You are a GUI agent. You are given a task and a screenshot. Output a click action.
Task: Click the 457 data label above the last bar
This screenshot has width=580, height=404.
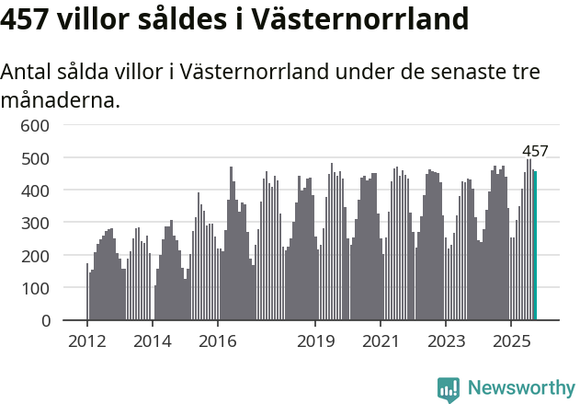[x=535, y=151]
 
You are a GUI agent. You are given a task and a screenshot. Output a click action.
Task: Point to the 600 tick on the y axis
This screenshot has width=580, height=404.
[x=35, y=125]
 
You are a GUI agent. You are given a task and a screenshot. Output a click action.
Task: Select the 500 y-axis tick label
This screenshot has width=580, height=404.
[x=35, y=158]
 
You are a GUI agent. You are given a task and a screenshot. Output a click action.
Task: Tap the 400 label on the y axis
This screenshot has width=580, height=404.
[x=35, y=190]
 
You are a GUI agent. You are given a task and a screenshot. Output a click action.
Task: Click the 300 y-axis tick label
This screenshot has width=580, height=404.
[x=35, y=223]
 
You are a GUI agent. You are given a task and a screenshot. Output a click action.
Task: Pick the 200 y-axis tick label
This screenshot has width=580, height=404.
[x=35, y=256]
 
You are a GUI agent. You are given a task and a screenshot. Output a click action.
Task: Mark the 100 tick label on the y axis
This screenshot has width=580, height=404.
[x=35, y=288]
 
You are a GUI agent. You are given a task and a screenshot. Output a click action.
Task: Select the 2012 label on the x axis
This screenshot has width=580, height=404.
[x=87, y=342]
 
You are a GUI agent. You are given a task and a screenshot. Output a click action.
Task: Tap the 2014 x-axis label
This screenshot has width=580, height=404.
[x=153, y=342]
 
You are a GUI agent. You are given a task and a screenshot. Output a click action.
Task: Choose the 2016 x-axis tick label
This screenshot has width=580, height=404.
[x=217, y=342]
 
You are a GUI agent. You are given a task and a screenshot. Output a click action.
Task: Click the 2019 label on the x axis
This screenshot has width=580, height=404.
[x=315, y=342]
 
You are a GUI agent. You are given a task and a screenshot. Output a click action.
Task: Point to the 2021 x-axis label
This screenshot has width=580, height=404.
[x=381, y=342]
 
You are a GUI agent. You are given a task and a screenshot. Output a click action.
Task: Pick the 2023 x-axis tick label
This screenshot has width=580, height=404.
[x=446, y=342]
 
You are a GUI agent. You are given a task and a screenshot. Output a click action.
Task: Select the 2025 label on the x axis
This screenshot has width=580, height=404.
[x=511, y=342]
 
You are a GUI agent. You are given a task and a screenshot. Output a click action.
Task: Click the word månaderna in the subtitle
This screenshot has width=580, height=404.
[x=61, y=100]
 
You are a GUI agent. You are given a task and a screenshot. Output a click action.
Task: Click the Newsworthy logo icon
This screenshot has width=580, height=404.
[x=449, y=389]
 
